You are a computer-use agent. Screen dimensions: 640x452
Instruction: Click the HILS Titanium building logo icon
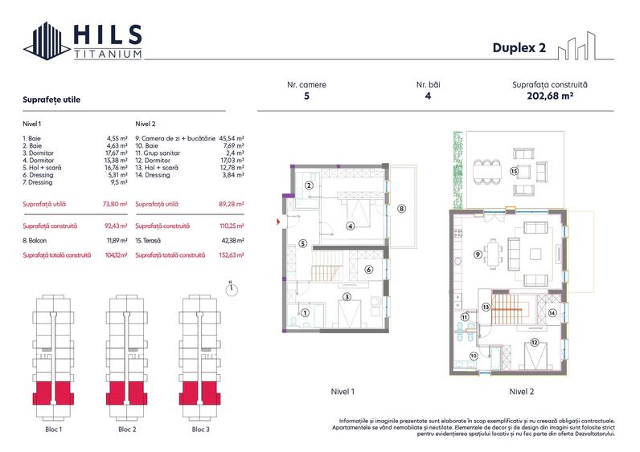tap(47, 41)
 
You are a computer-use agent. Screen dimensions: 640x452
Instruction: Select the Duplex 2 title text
tap(519, 47)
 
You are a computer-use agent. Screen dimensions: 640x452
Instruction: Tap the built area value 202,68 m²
tap(550, 96)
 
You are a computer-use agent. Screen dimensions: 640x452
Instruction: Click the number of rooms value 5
tap(306, 96)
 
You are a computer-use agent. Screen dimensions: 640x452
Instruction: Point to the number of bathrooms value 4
tap(428, 96)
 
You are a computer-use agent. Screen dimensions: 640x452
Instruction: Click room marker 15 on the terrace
tap(514, 171)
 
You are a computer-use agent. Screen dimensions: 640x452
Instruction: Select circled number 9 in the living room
tap(478, 255)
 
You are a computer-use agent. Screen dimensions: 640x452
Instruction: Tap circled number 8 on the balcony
tap(402, 209)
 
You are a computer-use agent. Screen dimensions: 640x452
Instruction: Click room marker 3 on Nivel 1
tap(347, 297)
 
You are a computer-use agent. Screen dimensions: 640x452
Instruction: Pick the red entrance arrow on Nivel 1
tap(278, 222)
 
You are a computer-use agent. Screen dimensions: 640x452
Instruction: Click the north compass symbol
tap(232, 289)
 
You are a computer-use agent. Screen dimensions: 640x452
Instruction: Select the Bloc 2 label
tap(127, 430)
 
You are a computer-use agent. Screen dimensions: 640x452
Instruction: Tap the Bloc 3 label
tap(200, 430)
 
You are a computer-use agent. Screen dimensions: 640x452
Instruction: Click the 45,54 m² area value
tap(232, 139)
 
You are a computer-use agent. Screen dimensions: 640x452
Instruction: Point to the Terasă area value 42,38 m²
tap(232, 241)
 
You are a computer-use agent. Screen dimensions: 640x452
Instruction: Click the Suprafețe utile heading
tap(51, 100)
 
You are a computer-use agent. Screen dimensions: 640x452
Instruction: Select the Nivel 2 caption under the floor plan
tap(521, 391)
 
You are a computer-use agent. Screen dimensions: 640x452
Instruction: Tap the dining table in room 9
tap(494, 254)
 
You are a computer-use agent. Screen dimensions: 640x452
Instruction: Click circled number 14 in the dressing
tap(552, 313)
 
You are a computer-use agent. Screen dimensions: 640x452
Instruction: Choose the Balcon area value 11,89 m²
tap(117, 241)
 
